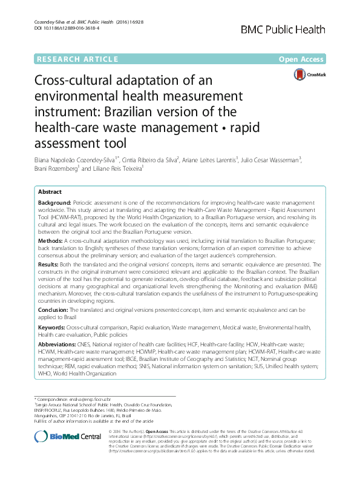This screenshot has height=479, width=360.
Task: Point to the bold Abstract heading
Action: (x=50, y=191)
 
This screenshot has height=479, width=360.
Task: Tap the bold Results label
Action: (x=50, y=264)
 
